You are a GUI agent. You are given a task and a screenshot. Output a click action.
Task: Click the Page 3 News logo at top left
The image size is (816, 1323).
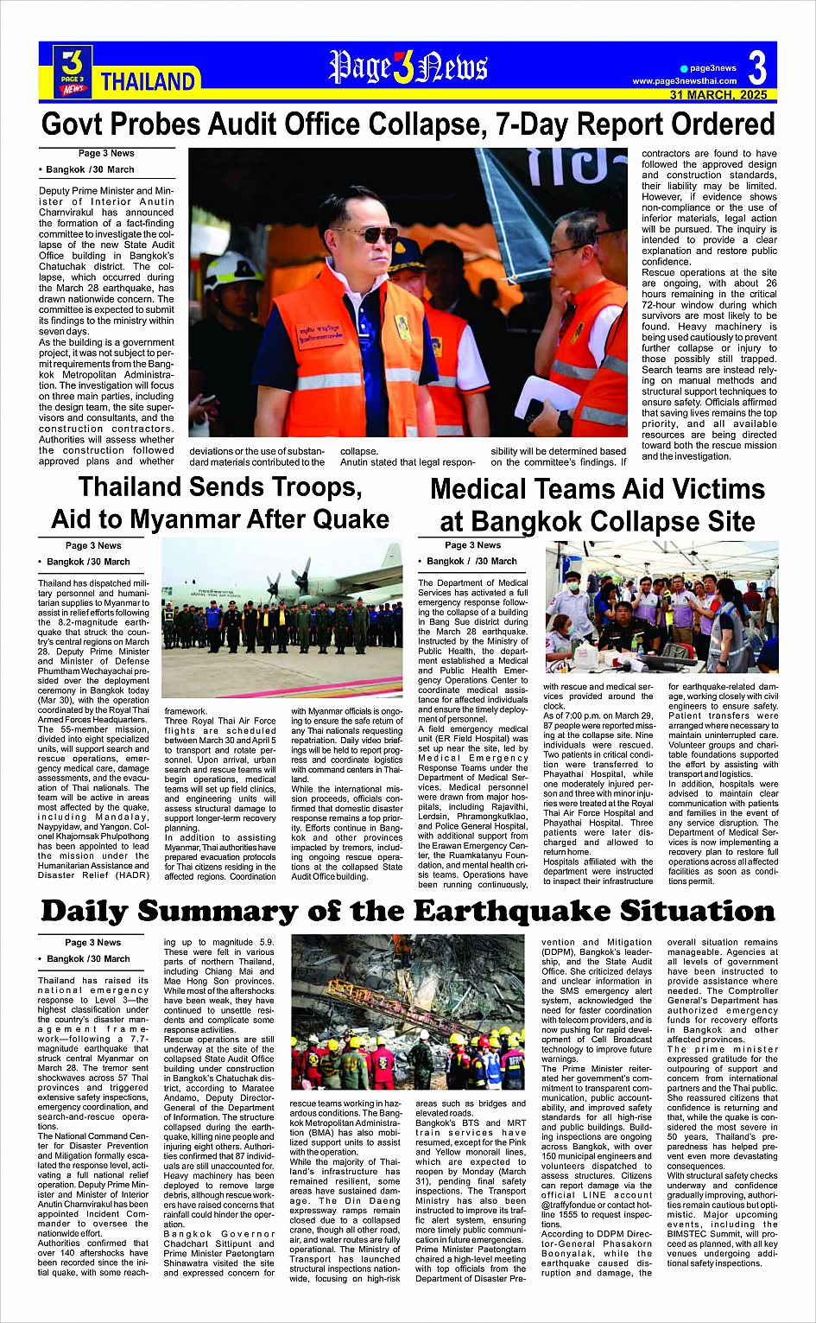pos(73,71)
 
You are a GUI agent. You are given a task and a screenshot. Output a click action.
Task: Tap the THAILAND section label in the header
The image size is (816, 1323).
pos(148,82)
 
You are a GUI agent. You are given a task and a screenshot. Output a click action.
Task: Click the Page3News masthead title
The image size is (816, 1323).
pos(408,67)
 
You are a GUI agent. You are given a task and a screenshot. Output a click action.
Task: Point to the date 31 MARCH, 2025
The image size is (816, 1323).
pos(718,95)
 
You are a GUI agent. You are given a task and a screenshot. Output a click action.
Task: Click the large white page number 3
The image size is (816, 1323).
pos(757,67)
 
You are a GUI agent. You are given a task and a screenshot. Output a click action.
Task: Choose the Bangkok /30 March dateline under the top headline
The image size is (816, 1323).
pos(91,169)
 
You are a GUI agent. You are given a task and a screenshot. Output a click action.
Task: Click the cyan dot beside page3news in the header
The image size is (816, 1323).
pos(684,68)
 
